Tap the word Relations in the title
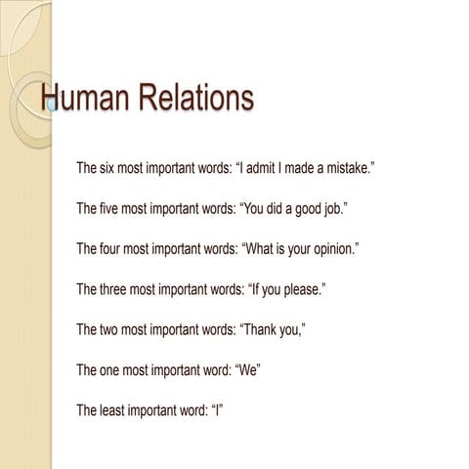(192, 99)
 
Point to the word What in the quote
(263, 249)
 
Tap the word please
(300, 289)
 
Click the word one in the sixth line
(112, 369)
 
